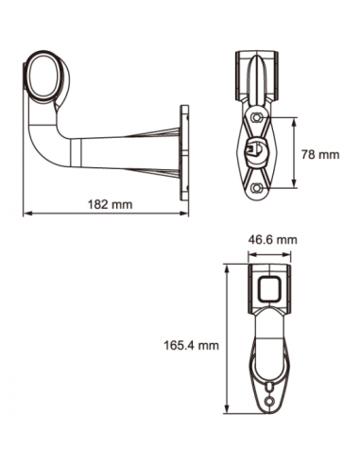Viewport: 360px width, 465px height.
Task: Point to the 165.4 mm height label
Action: tap(190, 346)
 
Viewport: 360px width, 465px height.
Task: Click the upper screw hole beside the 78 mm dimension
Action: tap(257, 116)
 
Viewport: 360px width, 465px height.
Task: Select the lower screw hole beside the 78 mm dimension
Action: tap(257, 188)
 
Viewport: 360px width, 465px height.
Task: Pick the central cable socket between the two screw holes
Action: tap(256, 150)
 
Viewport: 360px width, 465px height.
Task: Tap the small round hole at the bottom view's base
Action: tap(271, 401)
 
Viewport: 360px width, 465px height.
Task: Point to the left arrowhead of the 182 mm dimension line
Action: tap(26, 212)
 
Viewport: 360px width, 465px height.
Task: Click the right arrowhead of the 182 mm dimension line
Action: tap(185, 212)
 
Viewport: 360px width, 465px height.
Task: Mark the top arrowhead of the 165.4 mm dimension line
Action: tap(227, 267)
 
